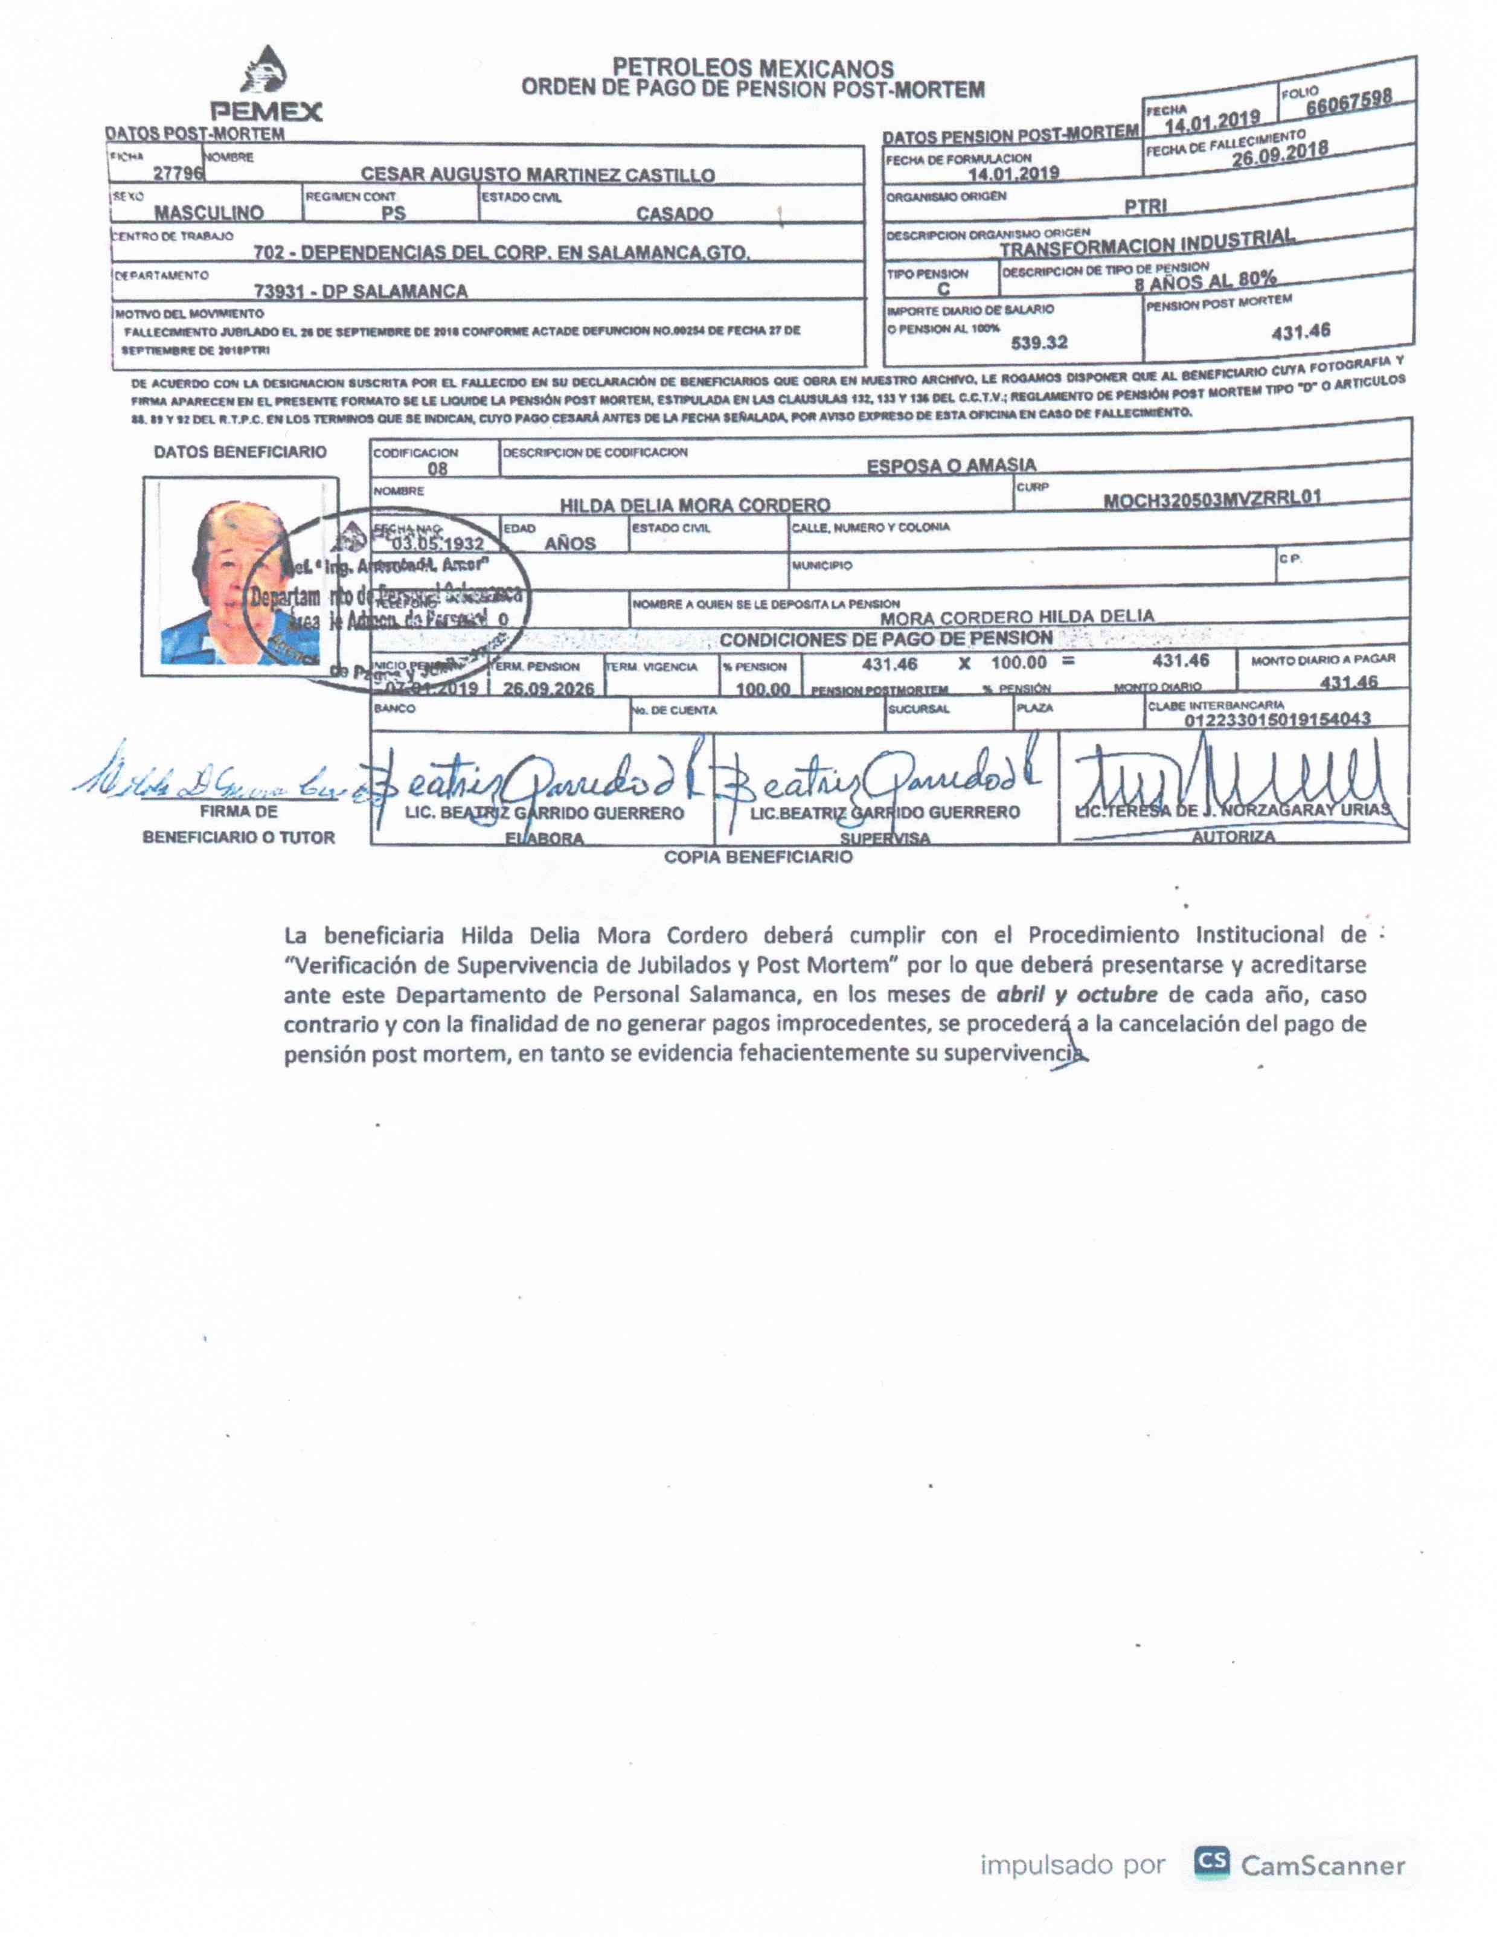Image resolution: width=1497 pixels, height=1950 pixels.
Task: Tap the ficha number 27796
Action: click(x=178, y=173)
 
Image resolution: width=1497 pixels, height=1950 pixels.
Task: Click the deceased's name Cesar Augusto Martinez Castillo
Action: click(x=537, y=175)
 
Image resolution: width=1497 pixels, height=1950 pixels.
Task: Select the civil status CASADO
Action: click(x=674, y=214)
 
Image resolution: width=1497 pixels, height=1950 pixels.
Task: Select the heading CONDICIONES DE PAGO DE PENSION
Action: click(x=886, y=639)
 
